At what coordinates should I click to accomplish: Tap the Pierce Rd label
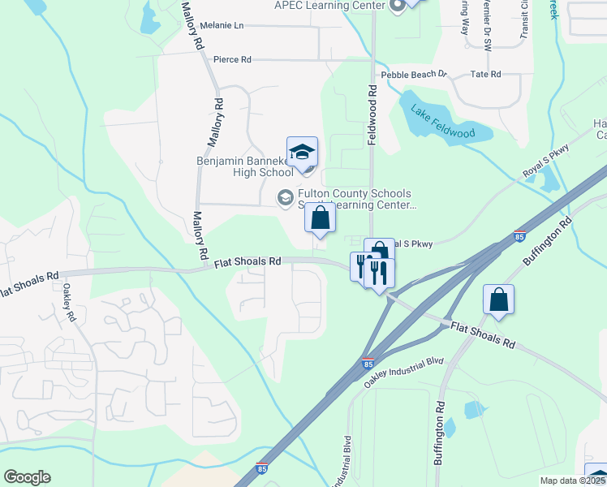[232, 59]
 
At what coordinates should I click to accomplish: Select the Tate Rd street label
[485, 74]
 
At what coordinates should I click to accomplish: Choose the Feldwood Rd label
[373, 116]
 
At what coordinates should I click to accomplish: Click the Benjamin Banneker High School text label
[244, 166]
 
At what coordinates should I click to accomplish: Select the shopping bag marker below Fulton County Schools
[321, 218]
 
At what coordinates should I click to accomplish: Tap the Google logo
[27, 477]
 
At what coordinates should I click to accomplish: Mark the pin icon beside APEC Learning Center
[397, 7]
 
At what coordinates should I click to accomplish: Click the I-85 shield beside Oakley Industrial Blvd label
[369, 365]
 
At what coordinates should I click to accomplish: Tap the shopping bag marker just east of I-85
[498, 300]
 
